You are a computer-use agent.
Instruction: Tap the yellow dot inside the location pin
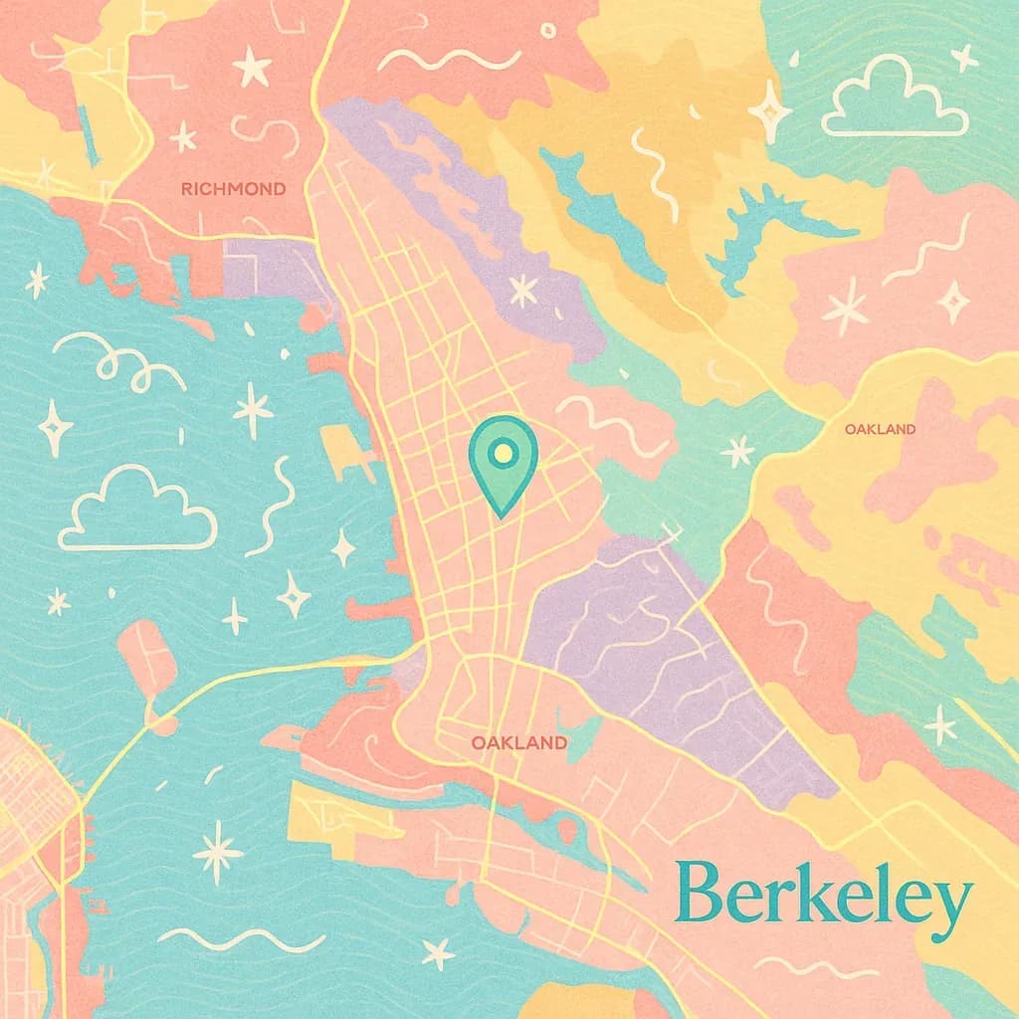(x=503, y=454)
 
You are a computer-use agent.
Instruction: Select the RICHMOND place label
(x=233, y=188)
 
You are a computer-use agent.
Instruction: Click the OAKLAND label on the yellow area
(x=880, y=429)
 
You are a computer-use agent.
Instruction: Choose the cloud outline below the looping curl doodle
(x=137, y=510)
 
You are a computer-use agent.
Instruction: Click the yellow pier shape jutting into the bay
(x=348, y=453)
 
